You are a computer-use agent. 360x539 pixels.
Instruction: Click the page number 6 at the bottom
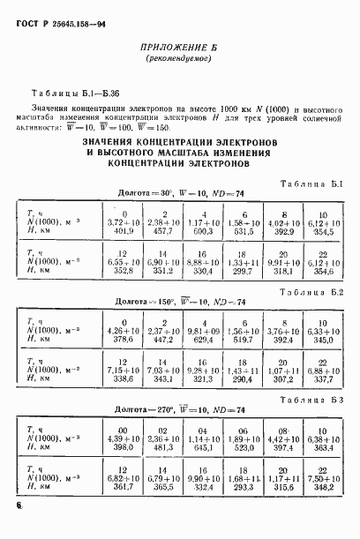click(x=18, y=506)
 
